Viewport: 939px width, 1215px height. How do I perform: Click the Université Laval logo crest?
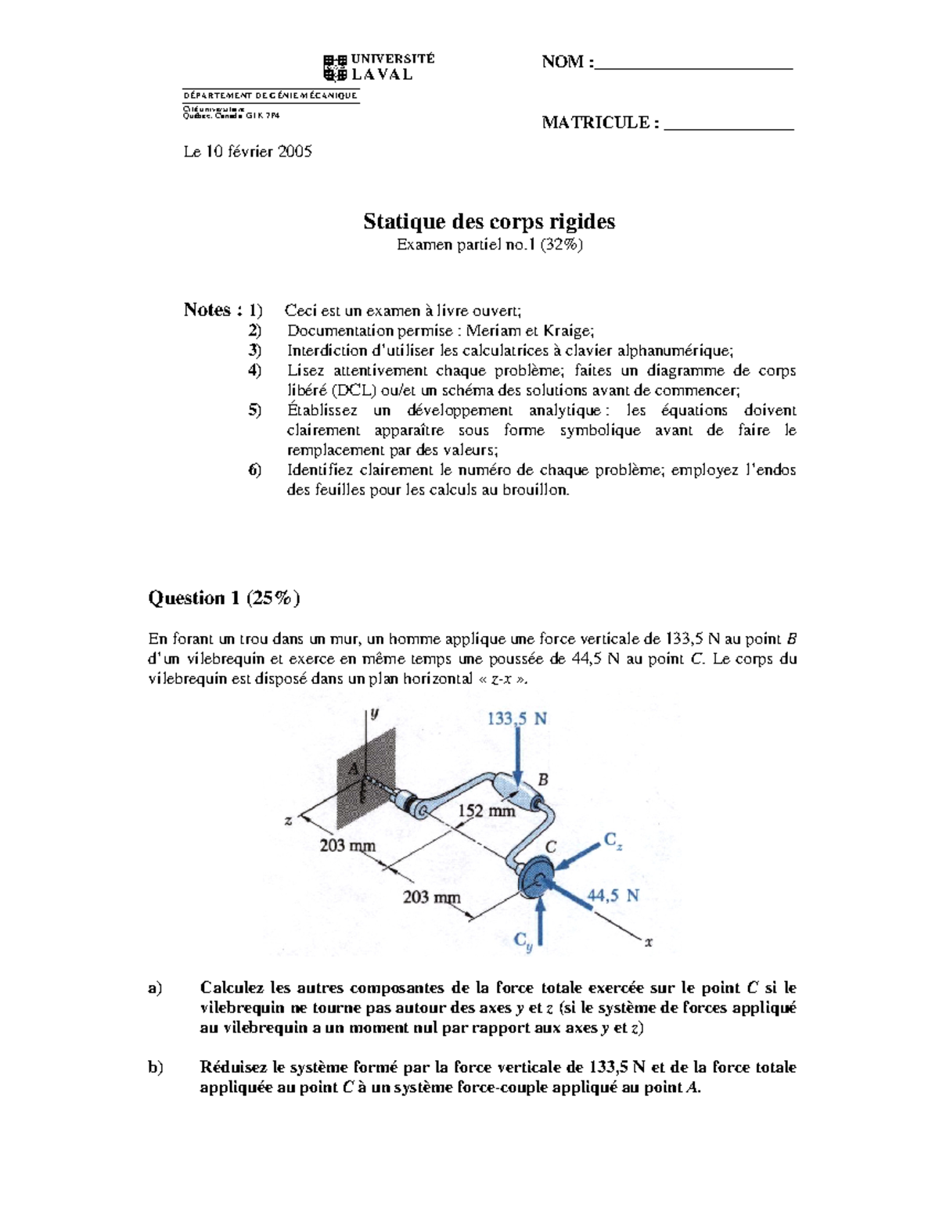click(x=335, y=68)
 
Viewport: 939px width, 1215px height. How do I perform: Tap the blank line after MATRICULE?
click(x=729, y=126)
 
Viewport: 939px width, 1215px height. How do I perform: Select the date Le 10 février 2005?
click(x=247, y=152)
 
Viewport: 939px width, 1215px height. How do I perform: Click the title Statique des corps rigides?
click(x=489, y=221)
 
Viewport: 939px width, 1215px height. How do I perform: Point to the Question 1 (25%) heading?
click(x=224, y=598)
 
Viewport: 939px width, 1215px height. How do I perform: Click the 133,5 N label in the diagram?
click(x=516, y=718)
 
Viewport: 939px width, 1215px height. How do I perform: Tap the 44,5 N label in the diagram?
click(x=613, y=896)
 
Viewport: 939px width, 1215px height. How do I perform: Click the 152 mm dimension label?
click(x=486, y=811)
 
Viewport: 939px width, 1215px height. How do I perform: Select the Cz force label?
click(x=613, y=841)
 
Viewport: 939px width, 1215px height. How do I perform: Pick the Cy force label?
click(x=523, y=940)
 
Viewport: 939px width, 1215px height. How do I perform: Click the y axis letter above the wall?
click(x=375, y=713)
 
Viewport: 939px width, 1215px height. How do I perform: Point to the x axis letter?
click(x=648, y=942)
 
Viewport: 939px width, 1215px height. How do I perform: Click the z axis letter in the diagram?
click(x=288, y=821)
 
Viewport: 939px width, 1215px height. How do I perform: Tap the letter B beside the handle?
click(x=543, y=779)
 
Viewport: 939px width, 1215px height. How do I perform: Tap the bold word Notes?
click(x=207, y=310)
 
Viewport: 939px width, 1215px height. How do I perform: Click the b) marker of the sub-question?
click(x=156, y=1067)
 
